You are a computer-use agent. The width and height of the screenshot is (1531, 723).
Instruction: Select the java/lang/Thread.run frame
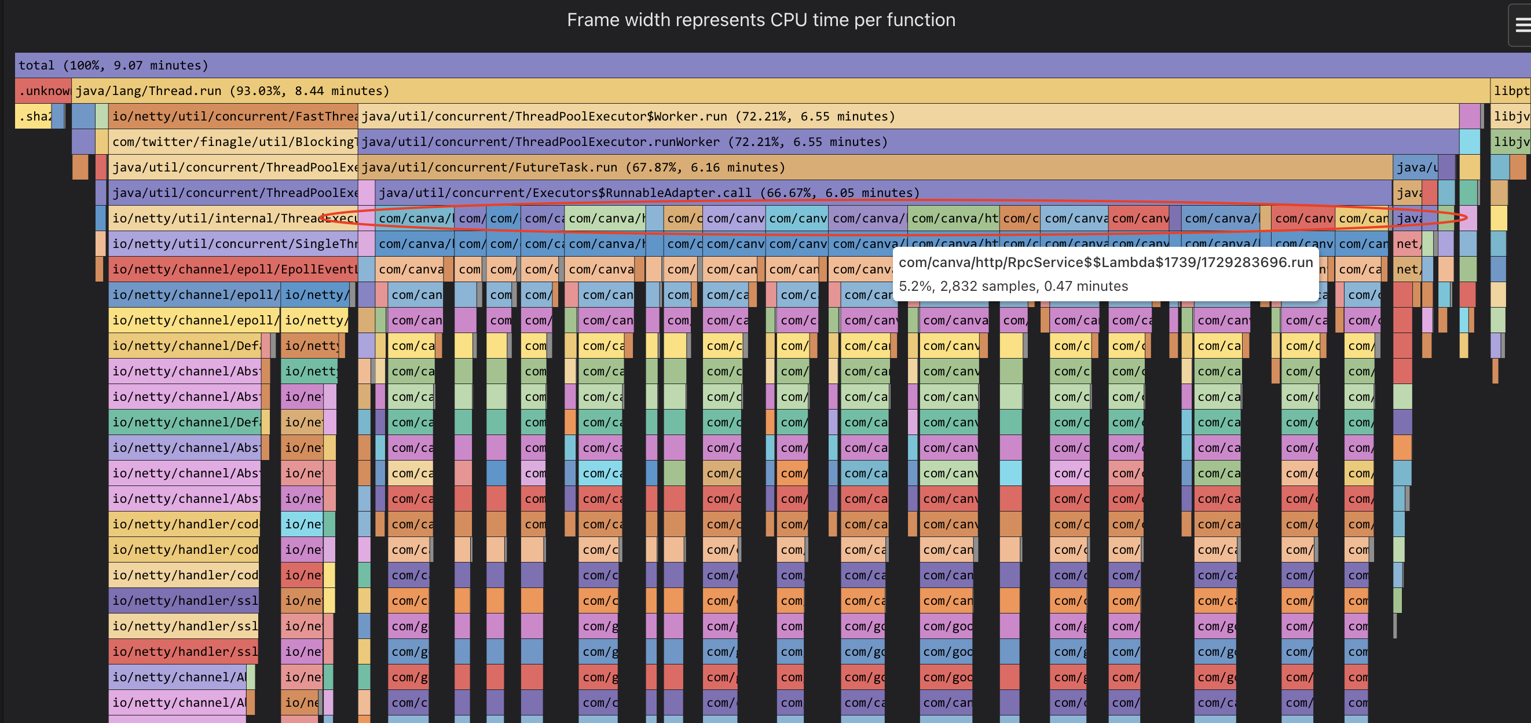coord(772,91)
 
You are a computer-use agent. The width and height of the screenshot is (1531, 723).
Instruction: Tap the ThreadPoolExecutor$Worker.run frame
coord(892,116)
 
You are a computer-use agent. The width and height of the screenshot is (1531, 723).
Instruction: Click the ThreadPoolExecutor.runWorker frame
coord(892,142)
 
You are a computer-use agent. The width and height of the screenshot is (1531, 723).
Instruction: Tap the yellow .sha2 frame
coord(32,116)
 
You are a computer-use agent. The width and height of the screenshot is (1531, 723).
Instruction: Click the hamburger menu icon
coord(1522,24)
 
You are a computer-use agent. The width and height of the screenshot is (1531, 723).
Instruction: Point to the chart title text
coord(761,20)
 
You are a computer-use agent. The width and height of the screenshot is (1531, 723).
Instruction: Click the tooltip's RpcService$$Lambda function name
coord(1105,263)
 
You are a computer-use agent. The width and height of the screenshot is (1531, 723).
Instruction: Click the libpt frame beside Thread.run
coord(1510,91)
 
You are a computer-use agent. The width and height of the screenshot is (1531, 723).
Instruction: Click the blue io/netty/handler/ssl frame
coord(184,601)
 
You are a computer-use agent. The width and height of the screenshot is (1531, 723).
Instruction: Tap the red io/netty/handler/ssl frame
coord(184,652)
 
